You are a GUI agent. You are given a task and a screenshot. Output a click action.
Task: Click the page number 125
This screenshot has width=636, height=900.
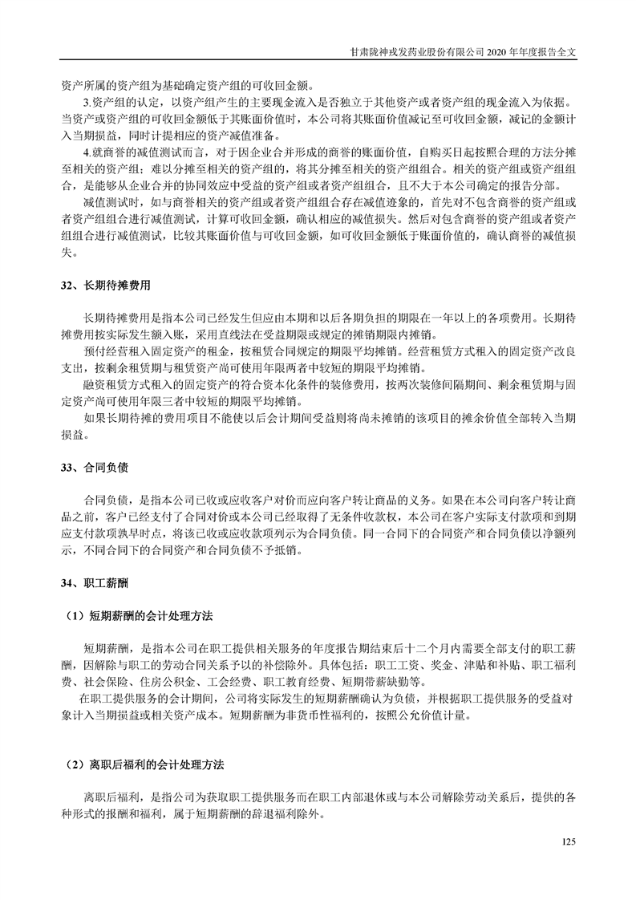pos(569,841)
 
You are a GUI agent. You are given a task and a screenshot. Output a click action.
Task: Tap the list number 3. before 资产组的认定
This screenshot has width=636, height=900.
pos(87,103)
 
